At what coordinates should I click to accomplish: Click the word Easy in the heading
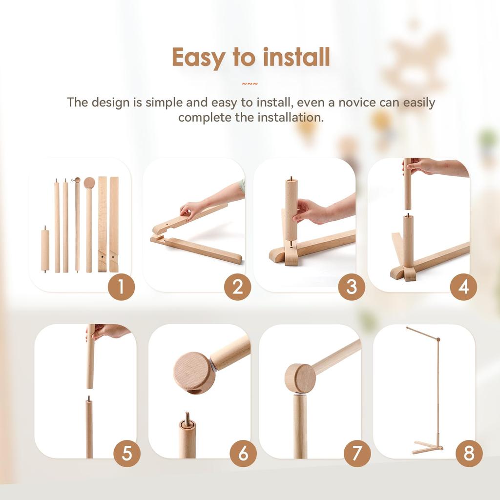(x=198, y=58)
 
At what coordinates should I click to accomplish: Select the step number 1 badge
(x=121, y=287)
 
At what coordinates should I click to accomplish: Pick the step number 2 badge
(x=237, y=287)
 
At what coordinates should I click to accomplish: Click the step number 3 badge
(x=352, y=287)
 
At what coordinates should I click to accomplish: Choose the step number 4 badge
(x=463, y=287)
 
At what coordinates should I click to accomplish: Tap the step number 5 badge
(x=127, y=454)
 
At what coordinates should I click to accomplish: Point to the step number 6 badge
(x=243, y=454)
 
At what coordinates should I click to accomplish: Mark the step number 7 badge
(x=357, y=454)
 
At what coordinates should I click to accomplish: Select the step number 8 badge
(x=469, y=454)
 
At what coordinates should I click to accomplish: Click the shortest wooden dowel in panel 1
(x=45, y=250)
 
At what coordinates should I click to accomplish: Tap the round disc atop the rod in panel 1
(x=89, y=183)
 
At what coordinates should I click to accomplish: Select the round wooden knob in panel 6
(x=194, y=373)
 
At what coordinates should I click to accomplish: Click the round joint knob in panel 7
(x=300, y=378)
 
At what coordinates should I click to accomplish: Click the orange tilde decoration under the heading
(x=250, y=84)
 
